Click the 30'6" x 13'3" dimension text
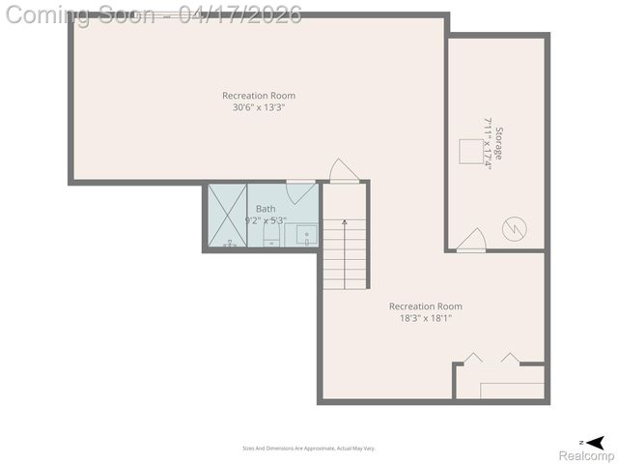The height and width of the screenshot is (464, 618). (259, 107)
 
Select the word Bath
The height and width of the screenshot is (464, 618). (266, 209)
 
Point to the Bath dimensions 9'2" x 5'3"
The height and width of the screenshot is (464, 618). (266, 220)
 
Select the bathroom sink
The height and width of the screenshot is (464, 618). (305, 234)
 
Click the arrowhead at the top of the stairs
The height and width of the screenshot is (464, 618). (345, 222)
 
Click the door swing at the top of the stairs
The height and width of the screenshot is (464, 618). (343, 170)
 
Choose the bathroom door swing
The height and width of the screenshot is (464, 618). (301, 189)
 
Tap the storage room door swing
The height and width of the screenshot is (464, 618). (472, 240)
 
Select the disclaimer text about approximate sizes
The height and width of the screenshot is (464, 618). (309, 449)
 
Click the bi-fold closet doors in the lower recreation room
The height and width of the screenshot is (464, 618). (490, 359)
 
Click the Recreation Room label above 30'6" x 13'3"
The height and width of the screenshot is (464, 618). (259, 95)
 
